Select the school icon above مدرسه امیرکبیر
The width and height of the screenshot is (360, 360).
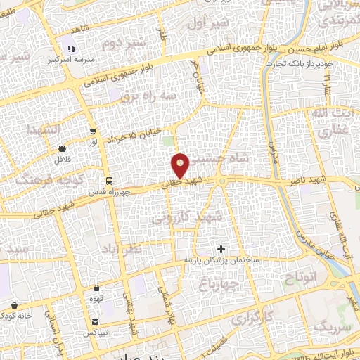click(x=70, y=49)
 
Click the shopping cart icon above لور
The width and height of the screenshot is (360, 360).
click(x=93, y=131)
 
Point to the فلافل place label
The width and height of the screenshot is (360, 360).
click(x=62, y=160)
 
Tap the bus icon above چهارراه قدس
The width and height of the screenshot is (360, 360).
click(x=108, y=179)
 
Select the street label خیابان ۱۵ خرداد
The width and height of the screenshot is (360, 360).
click(x=139, y=127)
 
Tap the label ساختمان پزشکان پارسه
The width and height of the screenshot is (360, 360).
click(x=222, y=260)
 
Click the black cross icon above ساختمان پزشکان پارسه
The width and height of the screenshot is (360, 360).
click(x=221, y=249)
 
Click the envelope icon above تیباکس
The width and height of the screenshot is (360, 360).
click(x=95, y=321)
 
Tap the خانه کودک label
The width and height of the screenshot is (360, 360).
click(x=15, y=316)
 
